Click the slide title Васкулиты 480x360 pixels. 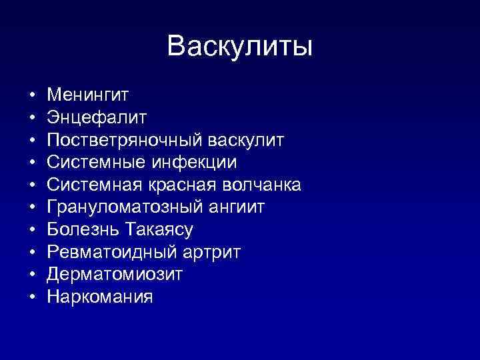pyautogui.click(x=240, y=46)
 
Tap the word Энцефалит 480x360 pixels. pyautogui.click(x=97, y=117)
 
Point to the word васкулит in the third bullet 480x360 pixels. pyautogui.click(x=246, y=140)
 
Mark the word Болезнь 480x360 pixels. pyautogui.click(x=83, y=230)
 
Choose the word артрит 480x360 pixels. pyautogui.click(x=211, y=253)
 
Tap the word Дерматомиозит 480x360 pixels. pyautogui.click(x=115, y=275)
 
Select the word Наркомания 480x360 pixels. pyautogui.click(x=100, y=297)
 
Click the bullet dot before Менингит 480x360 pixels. pyautogui.click(x=31, y=95)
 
